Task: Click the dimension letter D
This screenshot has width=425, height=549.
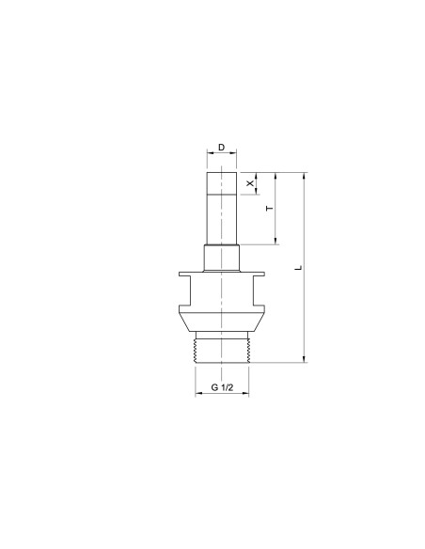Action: coord(221,148)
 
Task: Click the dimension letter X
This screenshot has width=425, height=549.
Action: coord(249,183)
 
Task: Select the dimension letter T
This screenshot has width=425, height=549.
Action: coord(269,209)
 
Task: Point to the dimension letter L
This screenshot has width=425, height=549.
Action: coord(298,268)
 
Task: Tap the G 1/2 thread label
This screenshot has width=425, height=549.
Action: coord(222,387)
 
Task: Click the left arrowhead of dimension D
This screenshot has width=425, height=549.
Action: coord(210,152)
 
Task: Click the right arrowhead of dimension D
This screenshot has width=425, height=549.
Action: coord(233,152)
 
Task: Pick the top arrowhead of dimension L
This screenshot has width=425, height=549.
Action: coord(304,176)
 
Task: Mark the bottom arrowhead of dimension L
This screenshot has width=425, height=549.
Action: coord(304,359)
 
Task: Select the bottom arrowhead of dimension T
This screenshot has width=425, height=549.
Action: coord(275,241)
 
